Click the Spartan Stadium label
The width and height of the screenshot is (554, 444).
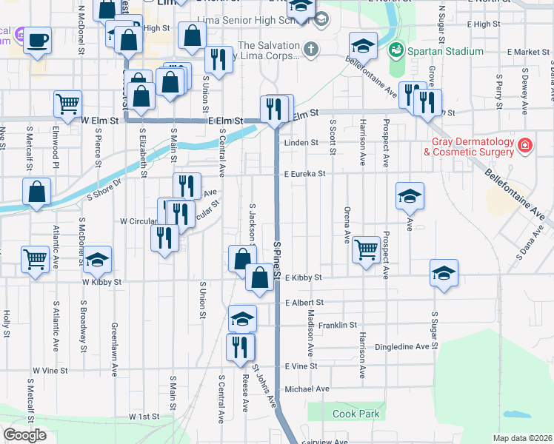point(443,52)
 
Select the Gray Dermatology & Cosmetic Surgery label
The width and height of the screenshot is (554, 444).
point(468,147)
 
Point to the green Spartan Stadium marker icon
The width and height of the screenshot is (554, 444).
point(396,51)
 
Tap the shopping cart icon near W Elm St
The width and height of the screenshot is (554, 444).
point(67,104)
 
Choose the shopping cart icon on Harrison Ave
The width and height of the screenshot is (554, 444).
point(366,249)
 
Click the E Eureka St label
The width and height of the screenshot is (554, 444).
point(305,174)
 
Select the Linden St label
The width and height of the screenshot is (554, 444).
point(301,143)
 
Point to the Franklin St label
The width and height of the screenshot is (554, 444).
point(338,325)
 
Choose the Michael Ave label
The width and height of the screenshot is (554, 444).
point(307,388)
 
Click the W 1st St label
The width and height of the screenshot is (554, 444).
point(144,417)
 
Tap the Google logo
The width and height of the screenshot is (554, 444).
point(24,435)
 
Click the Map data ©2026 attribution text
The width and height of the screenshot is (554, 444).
point(522,438)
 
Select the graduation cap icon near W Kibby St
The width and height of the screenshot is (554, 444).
point(96,260)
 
